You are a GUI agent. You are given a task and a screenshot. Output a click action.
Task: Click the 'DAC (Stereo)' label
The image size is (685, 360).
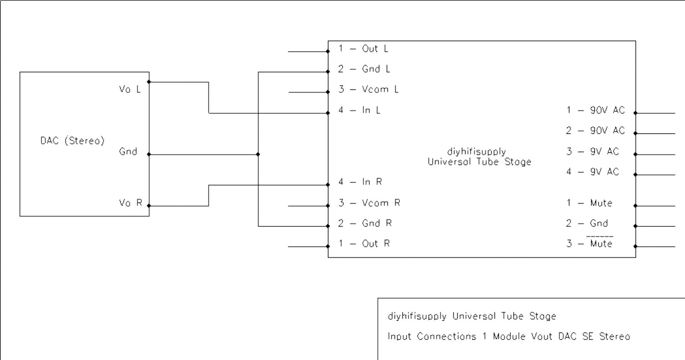click(x=72, y=141)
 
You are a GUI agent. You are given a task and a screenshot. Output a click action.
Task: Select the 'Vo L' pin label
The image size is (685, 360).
click(x=130, y=89)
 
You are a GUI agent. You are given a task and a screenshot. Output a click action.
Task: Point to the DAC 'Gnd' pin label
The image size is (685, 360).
click(x=128, y=152)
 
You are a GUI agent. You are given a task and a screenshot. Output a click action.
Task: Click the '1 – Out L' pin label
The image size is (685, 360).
click(x=363, y=49)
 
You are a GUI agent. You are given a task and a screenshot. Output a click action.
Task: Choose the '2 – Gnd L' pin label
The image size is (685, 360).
click(x=364, y=69)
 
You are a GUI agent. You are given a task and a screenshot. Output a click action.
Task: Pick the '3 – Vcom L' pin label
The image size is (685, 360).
click(x=369, y=89)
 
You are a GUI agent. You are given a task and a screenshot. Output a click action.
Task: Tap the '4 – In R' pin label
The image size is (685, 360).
click(x=360, y=182)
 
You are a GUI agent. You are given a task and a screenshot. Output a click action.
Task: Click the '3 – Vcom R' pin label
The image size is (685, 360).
click(x=369, y=203)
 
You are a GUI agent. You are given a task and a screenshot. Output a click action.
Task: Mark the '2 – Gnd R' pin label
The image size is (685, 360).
click(x=365, y=223)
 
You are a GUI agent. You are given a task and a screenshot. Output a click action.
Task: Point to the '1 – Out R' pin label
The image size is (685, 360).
click(x=364, y=244)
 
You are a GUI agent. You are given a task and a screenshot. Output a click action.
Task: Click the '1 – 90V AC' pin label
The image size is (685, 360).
click(x=596, y=110)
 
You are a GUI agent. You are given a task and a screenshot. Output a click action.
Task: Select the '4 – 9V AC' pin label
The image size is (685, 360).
click(x=593, y=172)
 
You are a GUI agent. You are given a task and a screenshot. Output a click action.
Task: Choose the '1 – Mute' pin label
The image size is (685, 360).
click(x=589, y=203)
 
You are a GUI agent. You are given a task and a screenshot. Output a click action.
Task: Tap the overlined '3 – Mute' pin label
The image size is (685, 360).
click(x=589, y=244)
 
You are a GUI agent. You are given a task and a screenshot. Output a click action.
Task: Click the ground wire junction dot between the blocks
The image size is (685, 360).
click(x=258, y=154)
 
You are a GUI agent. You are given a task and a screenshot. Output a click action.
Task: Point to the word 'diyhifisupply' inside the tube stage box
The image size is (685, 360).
click(x=477, y=152)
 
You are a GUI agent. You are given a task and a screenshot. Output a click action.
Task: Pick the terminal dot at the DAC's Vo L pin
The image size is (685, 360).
click(x=149, y=82)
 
